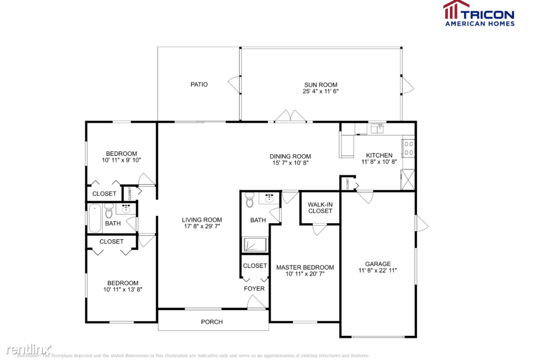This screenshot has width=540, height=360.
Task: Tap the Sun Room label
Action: tap(321, 84)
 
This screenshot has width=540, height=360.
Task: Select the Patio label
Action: tap(199, 84)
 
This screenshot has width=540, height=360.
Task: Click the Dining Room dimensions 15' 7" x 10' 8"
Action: tap(290, 163)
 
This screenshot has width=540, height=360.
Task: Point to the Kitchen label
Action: tap(379, 156)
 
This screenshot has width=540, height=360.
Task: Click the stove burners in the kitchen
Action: tap(409, 148)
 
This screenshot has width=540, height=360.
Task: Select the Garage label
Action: tap(378, 264)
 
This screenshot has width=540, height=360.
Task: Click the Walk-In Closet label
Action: tap(320, 208)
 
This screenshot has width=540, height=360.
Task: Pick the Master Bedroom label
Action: tap(305, 267)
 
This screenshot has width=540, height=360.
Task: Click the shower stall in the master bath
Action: tap(255, 244)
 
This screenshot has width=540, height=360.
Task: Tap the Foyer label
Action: tap(254, 289)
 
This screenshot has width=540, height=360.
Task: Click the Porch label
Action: tap(212, 322)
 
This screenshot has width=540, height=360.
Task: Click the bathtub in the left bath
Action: tap(95, 218)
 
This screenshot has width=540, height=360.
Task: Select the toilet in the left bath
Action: tap(109, 212)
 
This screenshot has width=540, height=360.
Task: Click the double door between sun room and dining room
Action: tap(290, 117)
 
